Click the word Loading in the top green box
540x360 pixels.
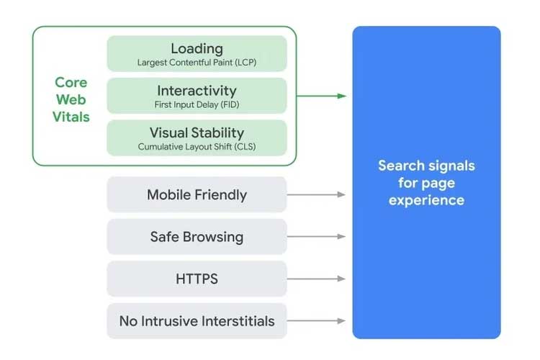(x=197, y=48)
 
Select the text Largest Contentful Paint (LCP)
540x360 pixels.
(x=197, y=63)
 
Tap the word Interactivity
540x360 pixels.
(x=197, y=91)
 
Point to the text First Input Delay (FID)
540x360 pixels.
(x=197, y=105)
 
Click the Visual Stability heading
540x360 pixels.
(x=197, y=132)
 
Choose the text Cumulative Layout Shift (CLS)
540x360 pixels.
(x=197, y=147)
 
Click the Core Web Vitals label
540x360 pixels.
(x=71, y=99)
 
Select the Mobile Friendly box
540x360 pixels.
(x=197, y=194)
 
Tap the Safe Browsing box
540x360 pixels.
(x=197, y=237)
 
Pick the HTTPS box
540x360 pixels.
(x=197, y=279)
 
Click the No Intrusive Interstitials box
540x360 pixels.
(x=197, y=320)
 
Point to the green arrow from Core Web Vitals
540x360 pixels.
(x=321, y=96)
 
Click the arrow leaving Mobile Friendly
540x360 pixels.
(x=317, y=194)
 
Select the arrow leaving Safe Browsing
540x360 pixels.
(x=317, y=237)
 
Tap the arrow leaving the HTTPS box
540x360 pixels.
(x=317, y=279)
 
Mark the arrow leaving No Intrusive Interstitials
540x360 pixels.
(x=317, y=320)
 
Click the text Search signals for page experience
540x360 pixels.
(x=426, y=183)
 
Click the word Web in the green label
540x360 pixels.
(x=71, y=99)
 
